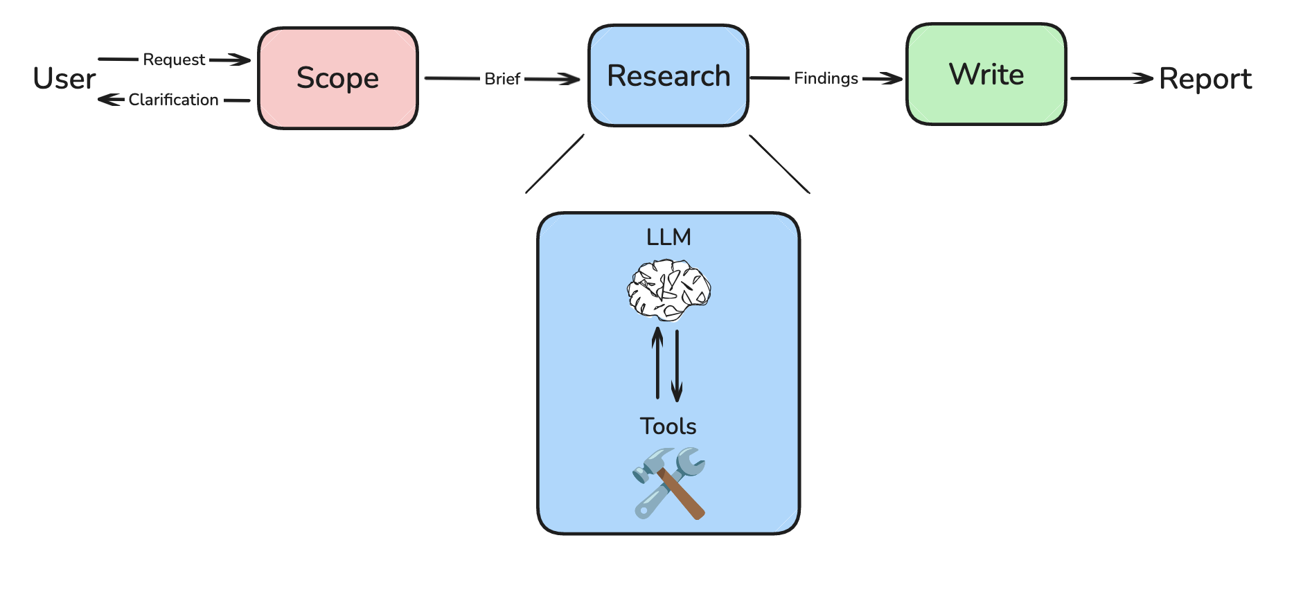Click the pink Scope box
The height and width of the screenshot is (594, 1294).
[338, 78]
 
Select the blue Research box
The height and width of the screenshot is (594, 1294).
[668, 76]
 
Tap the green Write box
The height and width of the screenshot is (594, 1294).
[986, 75]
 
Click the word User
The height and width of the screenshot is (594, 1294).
[64, 79]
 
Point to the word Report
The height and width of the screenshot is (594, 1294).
[1205, 79]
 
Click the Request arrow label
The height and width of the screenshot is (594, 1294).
[174, 60]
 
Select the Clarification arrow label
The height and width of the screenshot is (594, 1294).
[174, 100]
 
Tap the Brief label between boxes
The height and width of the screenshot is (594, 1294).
[502, 79]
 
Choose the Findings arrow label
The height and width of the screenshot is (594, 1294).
[826, 78]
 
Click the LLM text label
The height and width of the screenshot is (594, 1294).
[668, 237]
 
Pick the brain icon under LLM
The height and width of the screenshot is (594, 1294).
[668, 289]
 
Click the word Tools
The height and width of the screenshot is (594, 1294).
[668, 426]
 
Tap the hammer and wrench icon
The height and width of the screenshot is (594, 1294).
[668, 483]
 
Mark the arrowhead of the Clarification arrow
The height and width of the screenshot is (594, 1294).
[106, 100]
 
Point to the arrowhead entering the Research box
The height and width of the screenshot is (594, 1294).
[571, 80]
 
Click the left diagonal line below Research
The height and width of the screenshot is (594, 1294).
[555, 164]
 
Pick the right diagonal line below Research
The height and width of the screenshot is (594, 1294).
[779, 164]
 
